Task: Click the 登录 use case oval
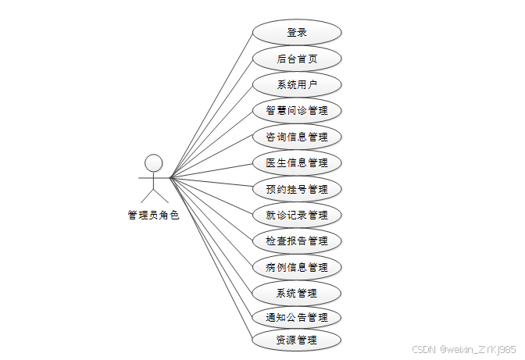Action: point(296,33)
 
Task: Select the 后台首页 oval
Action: point(296,59)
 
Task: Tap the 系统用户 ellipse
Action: point(296,84)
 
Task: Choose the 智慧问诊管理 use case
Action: point(296,110)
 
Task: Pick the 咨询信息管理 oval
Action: point(296,137)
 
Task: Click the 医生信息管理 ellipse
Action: point(296,162)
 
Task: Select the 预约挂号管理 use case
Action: point(296,189)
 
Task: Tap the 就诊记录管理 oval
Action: point(296,215)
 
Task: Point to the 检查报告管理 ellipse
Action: point(296,241)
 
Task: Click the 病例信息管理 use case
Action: point(296,267)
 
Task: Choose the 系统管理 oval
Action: point(296,293)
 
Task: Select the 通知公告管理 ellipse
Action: point(296,317)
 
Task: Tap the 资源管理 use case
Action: point(296,340)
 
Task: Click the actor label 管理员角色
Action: point(153,216)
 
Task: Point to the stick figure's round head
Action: point(154,163)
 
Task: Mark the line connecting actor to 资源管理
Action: point(211,258)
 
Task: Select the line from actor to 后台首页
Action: point(211,118)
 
